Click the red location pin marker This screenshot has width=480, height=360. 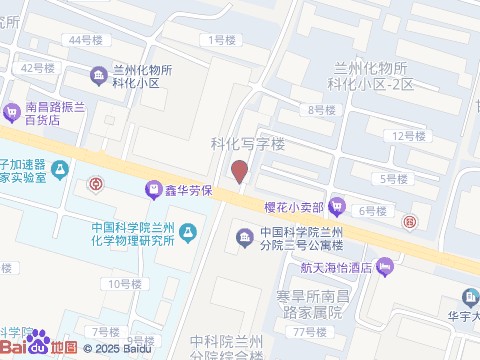(x=239, y=171)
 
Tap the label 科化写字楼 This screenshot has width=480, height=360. (x=247, y=143)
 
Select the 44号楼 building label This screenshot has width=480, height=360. (x=85, y=40)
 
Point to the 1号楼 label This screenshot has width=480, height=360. (x=222, y=40)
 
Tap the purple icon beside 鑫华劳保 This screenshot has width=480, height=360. (x=153, y=187)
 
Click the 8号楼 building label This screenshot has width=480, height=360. (x=321, y=109)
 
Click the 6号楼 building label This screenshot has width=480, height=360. (x=372, y=210)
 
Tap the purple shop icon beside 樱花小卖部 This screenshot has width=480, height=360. (x=338, y=206)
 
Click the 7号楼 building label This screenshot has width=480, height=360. (x=105, y=331)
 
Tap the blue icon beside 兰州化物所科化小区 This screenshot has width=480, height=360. (x=99, y=76)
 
